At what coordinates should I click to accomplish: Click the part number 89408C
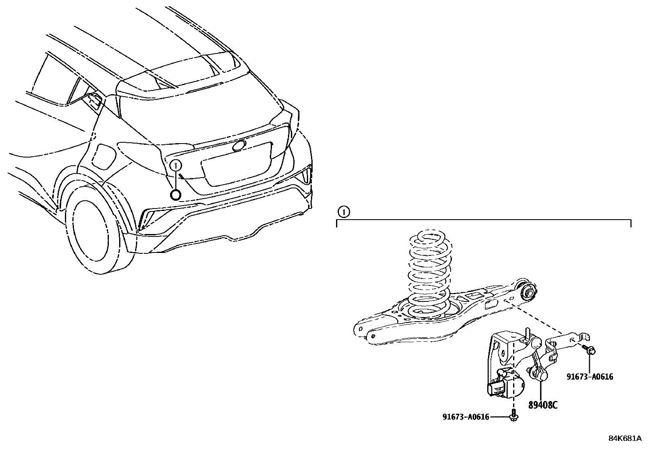coord(543,405)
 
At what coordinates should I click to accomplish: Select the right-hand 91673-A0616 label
coord(590,377)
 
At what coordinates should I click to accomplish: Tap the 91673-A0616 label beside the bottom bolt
coord(465,417)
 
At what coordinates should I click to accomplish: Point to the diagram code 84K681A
coord(625,438)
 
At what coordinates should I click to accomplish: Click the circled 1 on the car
coord(175,165)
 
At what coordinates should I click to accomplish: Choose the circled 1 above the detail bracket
coord(343,212)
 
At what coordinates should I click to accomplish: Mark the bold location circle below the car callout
coord(175,195)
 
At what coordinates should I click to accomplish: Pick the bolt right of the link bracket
coord(590,350)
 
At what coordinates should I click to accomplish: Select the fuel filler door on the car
coord(103,156)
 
